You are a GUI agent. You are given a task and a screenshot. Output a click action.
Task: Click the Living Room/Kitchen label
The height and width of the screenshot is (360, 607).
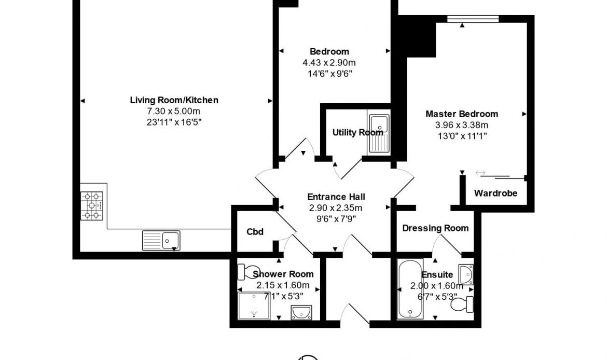coord(174,100)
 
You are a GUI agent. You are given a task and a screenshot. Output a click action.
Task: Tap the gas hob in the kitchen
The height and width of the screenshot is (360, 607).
coord(92,206)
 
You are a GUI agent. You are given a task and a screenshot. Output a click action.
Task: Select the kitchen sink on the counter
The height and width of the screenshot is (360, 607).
coord(161,240)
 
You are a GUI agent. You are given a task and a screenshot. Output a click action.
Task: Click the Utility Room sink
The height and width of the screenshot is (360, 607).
coord(379,133)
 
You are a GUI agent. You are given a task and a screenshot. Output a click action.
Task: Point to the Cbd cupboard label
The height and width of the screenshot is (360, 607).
coord(255,231)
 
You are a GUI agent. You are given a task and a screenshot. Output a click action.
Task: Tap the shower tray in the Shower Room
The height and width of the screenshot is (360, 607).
coord(254,306)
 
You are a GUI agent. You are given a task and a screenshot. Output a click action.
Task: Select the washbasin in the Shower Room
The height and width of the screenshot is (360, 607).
coord(301,312)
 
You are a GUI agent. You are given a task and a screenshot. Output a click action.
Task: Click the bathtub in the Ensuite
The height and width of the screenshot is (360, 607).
coord(410,289)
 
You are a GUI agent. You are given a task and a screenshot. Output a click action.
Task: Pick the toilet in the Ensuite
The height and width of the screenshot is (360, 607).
coord(462,304)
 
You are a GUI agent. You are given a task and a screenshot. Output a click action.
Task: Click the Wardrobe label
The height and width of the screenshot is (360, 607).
coord(495,193)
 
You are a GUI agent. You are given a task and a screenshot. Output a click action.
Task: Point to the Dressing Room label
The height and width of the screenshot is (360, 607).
coord(435,228)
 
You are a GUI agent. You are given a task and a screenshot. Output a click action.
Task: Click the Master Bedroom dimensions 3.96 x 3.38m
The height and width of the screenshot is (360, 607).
coord(461,125)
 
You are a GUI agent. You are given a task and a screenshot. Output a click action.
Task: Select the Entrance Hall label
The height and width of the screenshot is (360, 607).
coord(336,197)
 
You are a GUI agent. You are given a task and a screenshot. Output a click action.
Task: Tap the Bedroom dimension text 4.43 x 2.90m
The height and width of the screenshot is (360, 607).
coord(329,62)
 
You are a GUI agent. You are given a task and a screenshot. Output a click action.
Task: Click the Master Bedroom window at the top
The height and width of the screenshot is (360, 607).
coord(473,19)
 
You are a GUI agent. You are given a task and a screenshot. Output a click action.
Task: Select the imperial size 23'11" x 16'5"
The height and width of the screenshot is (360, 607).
coord(174,122)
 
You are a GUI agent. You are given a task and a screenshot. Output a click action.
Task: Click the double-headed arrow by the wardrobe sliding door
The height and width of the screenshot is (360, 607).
coord(480,173)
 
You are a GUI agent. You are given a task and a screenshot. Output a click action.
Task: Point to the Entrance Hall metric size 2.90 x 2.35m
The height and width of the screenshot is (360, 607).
coord(336,208)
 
